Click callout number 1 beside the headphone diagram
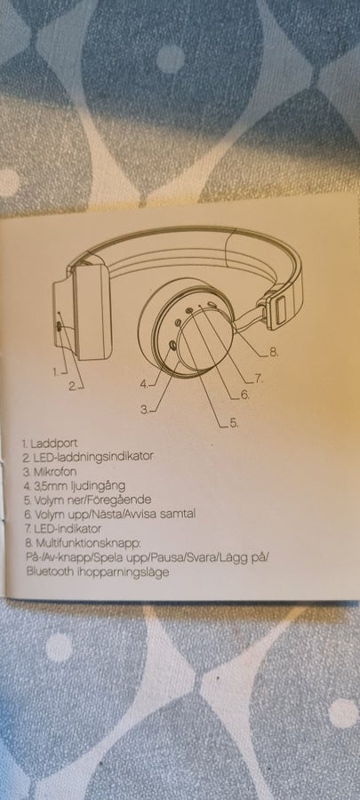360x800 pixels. pyautogui.click(x=56, y=372)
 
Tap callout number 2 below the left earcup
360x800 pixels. pyautogui.click(x=74, y=387)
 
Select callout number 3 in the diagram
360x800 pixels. pyautogui.click(x=145, y=409)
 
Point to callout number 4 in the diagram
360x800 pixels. pyautogui.click(x=144, y=383)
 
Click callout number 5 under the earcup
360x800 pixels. pyautogui.click(x=234, y=423)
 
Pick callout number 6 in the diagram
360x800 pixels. pyautogui.click(x=244, y=395)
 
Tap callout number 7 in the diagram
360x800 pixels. pyautogui.click(x=258, y=379)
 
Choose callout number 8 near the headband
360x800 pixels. pyautogui.click(x=273, y=352)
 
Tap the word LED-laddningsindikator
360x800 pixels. pyautogui.click(x=92, y=457)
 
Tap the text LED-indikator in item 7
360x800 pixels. pyautogui.click(x=67, y=529)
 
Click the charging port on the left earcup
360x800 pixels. pyautogui.click(x=60, y=327)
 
